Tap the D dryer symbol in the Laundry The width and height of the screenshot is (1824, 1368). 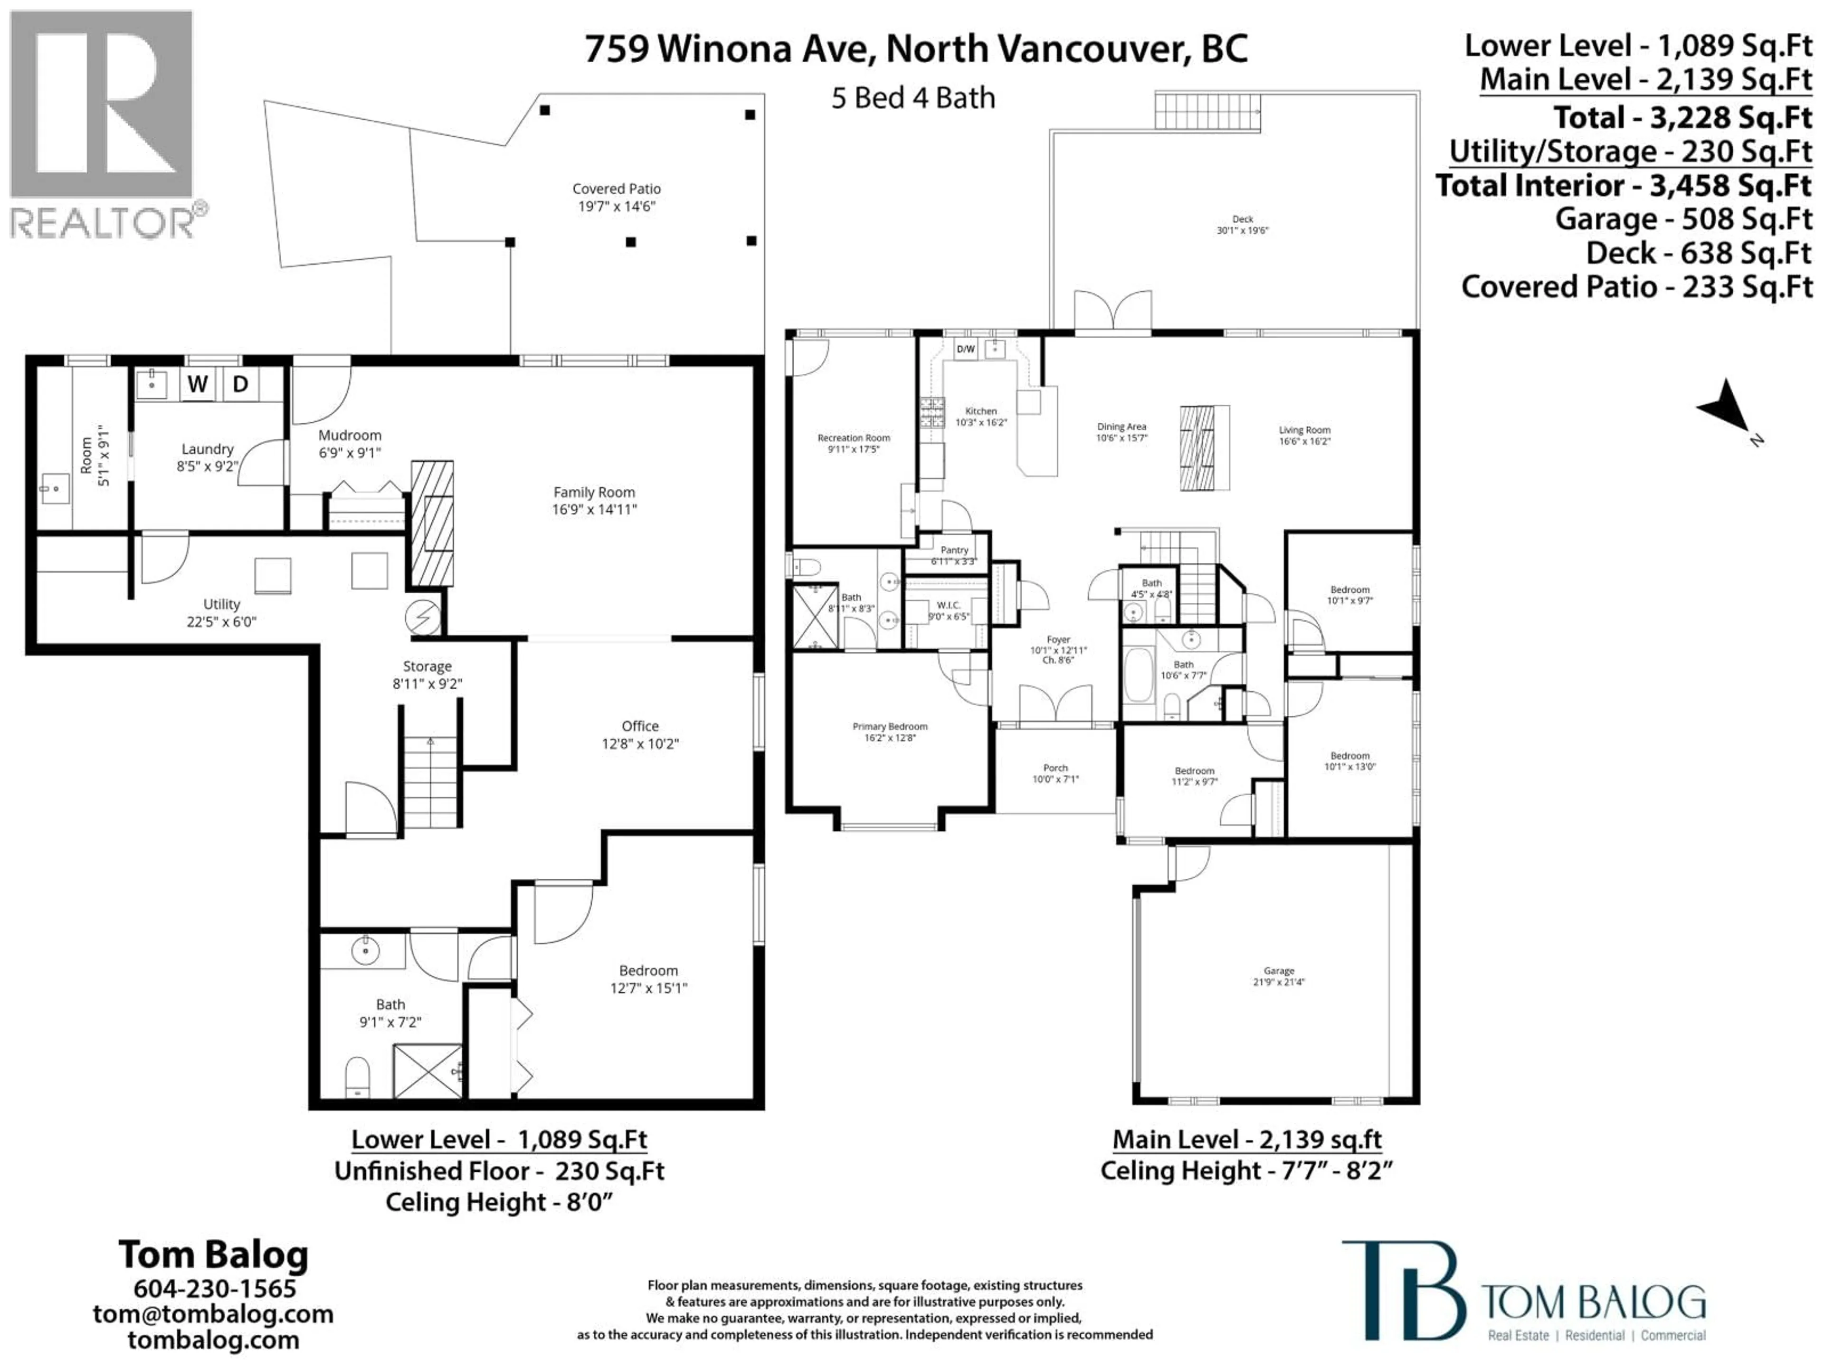pos(240,384)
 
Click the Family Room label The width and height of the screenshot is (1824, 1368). pos(594,492)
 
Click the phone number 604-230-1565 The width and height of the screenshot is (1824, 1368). pos(214,1288)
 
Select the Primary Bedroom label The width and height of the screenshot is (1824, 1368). pos(890,726)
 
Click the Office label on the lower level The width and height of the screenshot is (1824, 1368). pos(640,726)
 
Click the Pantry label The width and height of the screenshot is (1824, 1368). pos(954,550)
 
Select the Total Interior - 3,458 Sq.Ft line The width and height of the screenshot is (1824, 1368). pos(1623,186)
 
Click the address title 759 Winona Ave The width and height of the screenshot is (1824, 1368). pos(915,49)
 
